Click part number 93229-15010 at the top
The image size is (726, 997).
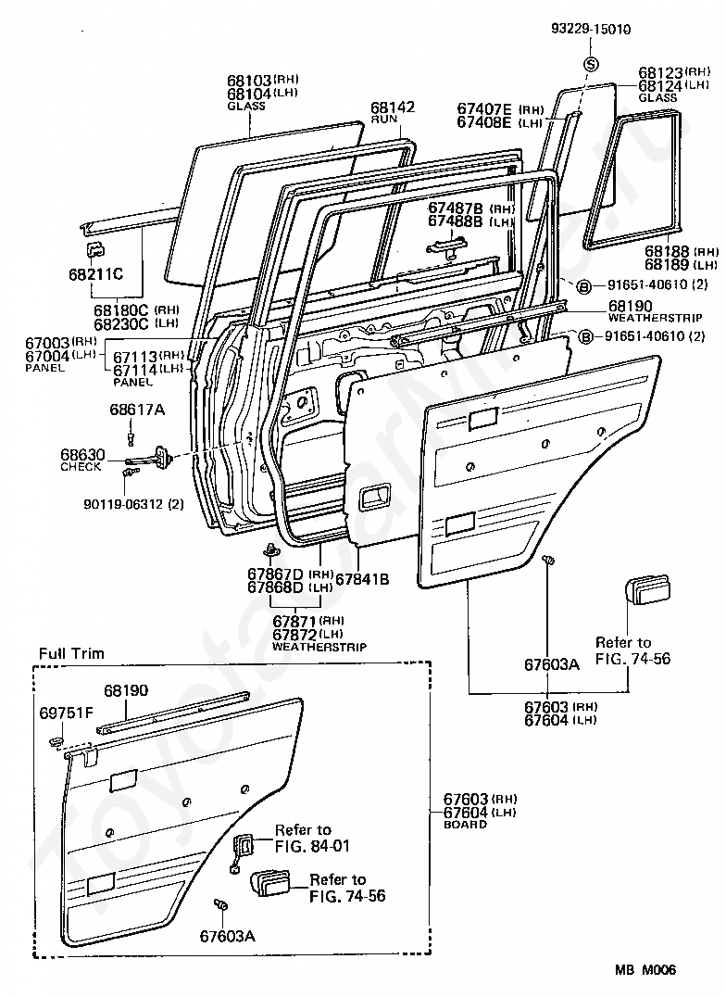pyautogui.click(x=591, y=30)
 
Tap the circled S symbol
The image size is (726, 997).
pyautogui.click(x=591, y=64)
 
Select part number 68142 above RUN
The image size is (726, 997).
pyautogui.click(x=393, y=107)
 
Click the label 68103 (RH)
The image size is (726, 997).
pyautogui.click(x=263, y=81)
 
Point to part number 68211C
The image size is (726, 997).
pyautogui.click(x=96, y=274)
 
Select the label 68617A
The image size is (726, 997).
pyautogui.click(x=137, y=410)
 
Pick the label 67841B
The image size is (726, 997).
pyautogui.click(x=362, y=579)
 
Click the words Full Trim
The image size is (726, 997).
pyautogui.click(x=71, y=653)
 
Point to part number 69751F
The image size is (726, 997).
pyautogui.click(x=66, y=713)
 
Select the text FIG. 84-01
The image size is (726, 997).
pyautogui.click(x=312, y=846)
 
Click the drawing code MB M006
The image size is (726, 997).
pyautogui.click(x=645, y=969)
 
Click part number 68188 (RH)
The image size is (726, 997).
pyautogui.click(x=682, y=252)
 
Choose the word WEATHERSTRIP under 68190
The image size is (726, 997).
pyautogui.click(x=656, y=317)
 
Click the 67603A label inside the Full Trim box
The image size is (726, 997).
pyautogui.click(x=228, y=936)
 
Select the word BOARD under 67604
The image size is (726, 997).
pyautogui.click(x=466, y=824)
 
